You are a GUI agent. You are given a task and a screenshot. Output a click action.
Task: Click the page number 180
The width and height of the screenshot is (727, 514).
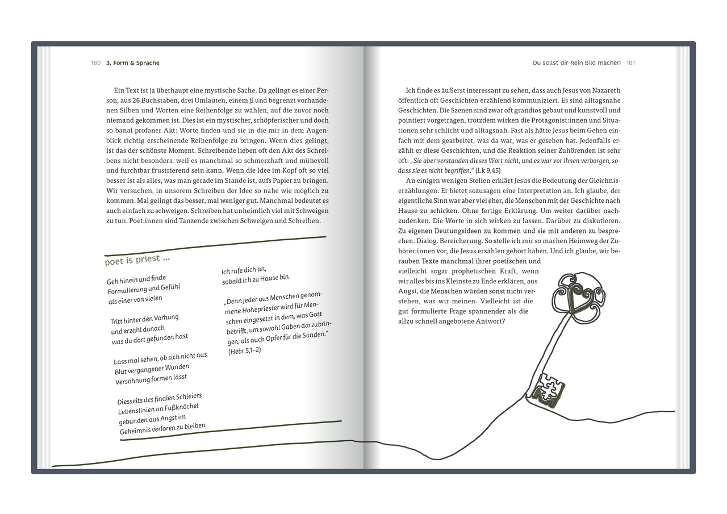coord(95,63)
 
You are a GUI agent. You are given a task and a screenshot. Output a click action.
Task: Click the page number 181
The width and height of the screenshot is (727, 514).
coord(630,63)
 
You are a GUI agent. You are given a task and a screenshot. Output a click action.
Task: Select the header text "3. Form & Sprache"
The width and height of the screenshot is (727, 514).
coord(133,63)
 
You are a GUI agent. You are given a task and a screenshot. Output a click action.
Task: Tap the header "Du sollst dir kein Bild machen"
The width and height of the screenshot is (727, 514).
coord(576,63)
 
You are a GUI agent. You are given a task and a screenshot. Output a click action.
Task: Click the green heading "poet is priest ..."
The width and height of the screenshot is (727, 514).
coord(137,260)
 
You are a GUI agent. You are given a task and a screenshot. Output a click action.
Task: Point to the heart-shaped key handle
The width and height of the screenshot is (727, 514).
coord(579,297)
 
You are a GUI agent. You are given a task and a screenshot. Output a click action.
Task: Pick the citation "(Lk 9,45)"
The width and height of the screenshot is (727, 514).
coord(488,170)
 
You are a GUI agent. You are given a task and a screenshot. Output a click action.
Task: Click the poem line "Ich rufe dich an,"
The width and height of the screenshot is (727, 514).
coord(244,270)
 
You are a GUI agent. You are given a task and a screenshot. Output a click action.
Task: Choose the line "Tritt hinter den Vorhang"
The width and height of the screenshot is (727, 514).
coord(144,319)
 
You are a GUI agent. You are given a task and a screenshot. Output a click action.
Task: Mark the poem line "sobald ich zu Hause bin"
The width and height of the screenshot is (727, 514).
coord(255,279)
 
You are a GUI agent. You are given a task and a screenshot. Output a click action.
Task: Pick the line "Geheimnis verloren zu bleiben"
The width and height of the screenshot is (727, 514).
coord(162,429)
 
